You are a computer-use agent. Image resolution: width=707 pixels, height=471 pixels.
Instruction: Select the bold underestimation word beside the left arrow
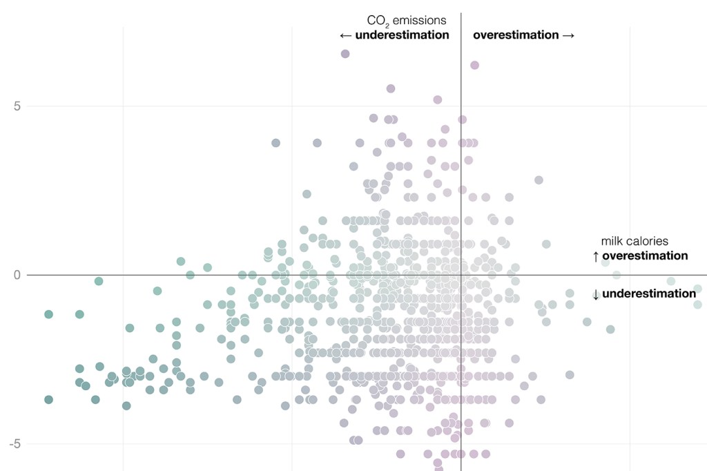point(403,35)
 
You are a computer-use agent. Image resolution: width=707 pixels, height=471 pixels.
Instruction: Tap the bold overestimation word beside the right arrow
point(516,35)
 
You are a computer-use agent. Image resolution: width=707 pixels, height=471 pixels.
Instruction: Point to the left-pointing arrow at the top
point(346,35)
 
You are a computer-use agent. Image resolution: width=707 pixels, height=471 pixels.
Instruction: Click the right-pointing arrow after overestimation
point(568,35)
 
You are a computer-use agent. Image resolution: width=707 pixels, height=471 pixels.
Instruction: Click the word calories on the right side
point(647,241)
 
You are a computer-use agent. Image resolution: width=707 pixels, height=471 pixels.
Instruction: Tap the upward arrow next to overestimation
point(595,256)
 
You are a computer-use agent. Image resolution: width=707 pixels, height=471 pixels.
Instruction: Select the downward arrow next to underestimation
point(595,294)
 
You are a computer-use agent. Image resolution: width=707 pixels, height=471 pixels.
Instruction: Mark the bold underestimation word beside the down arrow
point(649,294)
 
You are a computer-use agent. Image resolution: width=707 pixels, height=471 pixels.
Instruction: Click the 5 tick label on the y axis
point(19,106)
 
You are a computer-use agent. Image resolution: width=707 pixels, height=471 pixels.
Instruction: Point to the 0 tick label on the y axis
point(19,275)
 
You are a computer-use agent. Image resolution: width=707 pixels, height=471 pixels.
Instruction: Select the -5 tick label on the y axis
point(16,443)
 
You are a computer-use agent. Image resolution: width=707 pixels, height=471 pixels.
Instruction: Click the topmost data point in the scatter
point(345,54)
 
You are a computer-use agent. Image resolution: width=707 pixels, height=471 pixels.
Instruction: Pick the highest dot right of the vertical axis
point(475,65)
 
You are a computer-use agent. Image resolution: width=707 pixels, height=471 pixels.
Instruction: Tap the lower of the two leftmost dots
point(48,400)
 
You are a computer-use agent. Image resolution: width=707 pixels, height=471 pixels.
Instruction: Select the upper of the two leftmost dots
point(48,314)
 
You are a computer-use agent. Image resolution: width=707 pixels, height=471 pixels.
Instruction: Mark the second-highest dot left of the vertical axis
point(391,88)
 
